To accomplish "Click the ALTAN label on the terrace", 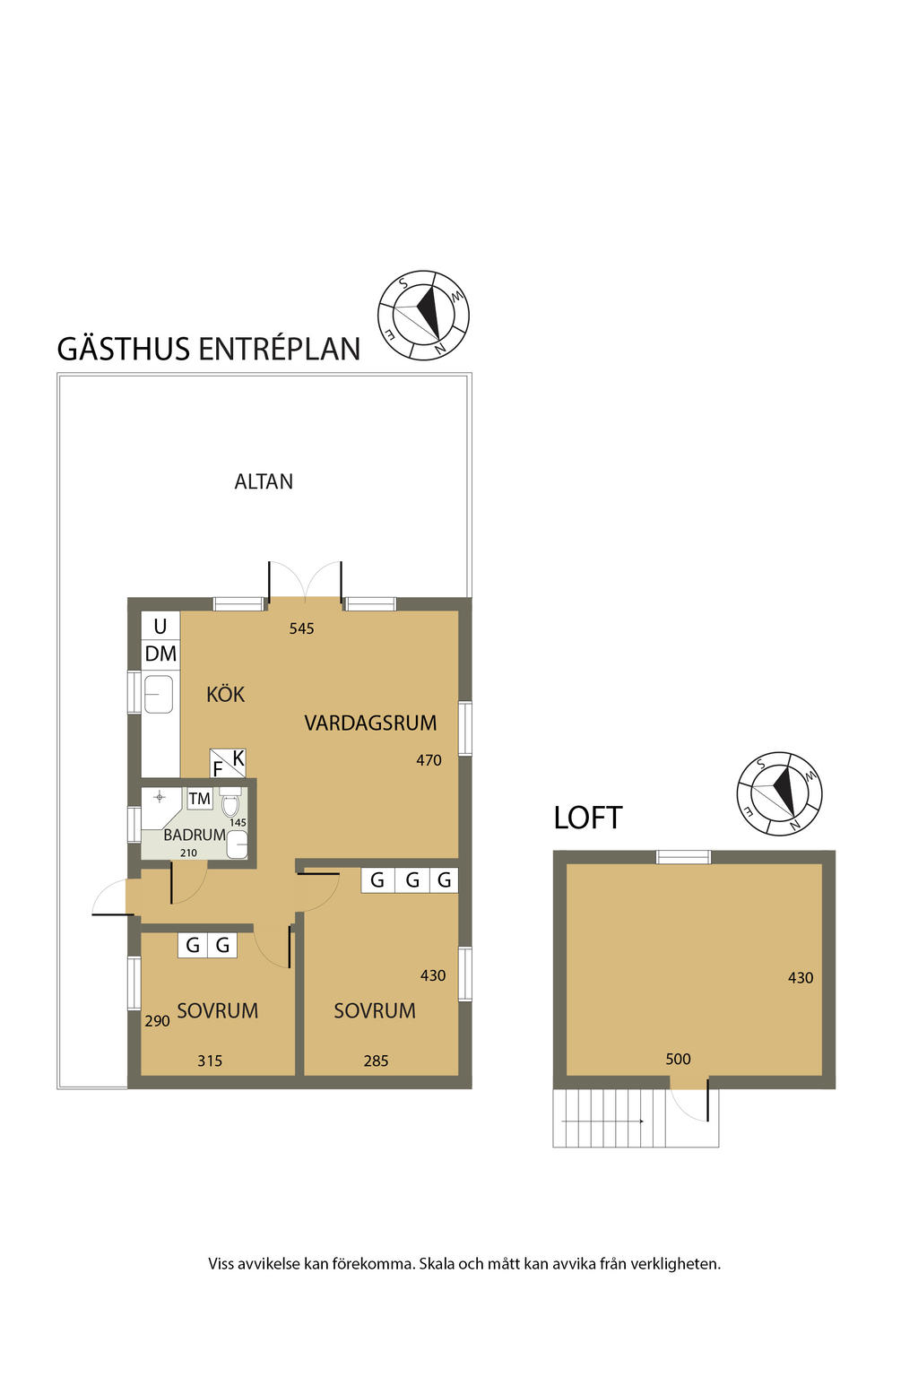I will point(264,481).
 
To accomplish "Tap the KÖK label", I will point(225,695).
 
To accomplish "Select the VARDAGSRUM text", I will point(370,723).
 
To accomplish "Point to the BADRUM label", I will point(194,835).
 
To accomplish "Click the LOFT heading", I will point(587,818).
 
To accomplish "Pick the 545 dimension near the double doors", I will point(301,628).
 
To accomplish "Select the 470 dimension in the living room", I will point(429,760).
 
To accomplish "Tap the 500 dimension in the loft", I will point(678,1059).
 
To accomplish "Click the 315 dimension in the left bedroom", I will point(210,1061).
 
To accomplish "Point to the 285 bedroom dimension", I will point(376,1061).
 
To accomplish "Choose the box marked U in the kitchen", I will point(160,626).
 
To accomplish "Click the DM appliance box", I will point(160,654).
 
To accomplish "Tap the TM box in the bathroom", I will point(199,799).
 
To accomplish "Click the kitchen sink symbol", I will point(159,694).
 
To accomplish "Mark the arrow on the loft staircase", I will point(603,1121).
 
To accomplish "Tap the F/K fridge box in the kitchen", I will point(228,763).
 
